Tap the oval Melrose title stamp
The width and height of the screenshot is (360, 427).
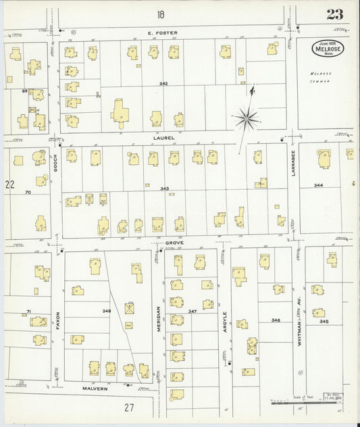tap(327, 49)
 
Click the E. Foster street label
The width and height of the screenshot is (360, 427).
tap(161, 30)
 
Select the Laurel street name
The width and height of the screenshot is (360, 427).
tap(164, 138)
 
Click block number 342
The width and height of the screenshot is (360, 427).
tap(163, 83)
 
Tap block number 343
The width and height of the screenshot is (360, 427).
tap(164, 189)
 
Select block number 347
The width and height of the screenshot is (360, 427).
tap(192, 311)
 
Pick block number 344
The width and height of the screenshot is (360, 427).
tap(319, 184)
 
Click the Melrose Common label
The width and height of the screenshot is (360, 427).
tap(320, 76)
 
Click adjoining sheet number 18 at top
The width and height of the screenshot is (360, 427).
tap(161, 14)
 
